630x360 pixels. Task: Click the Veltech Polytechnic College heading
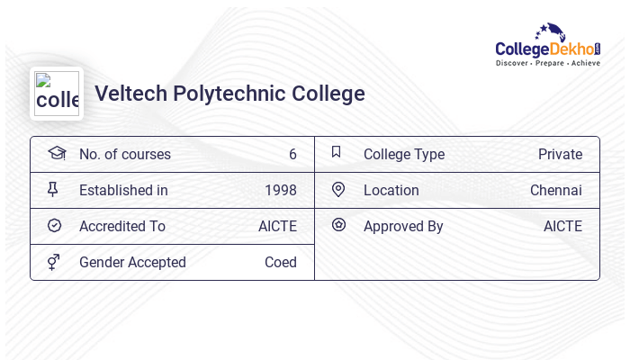point(229,94)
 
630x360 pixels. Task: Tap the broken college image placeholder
point(57,94)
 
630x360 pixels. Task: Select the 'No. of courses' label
point(124,154)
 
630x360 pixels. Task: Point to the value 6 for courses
point(292,154)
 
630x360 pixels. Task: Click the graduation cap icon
point(56,153)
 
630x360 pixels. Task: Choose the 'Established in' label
point(123,190)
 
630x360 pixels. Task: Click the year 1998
point(280,190)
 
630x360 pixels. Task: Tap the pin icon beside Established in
point(53,189)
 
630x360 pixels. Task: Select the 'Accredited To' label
point(121,226)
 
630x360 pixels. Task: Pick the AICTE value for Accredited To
point(277,226)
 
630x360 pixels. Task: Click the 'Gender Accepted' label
point(132,262)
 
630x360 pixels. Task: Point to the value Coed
point(280,262)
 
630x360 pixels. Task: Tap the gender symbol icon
point(54,261)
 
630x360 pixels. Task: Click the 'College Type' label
point(403,154)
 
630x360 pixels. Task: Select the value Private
point(560,154)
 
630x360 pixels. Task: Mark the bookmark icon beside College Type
point(337,152)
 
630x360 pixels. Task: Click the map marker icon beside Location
point(338,189)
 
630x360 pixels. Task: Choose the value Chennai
point(555,190)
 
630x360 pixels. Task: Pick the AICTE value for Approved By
point(562,226)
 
